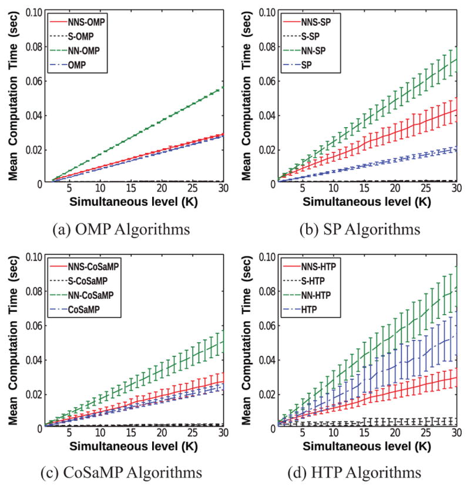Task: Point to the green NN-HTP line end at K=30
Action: tap(456, 287)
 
